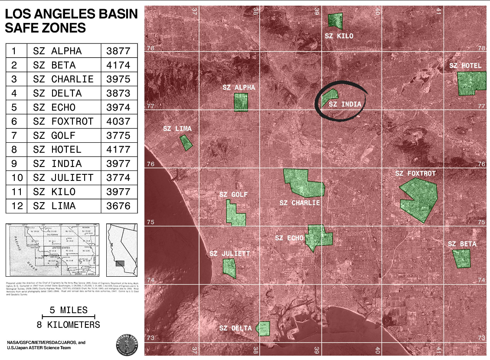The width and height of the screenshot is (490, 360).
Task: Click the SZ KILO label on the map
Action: point(339,36)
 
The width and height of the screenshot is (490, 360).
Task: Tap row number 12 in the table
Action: point(16,206)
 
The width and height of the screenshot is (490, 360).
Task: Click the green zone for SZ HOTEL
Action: point(471,83)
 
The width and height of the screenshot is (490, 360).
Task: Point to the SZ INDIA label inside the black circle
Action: point(345,104)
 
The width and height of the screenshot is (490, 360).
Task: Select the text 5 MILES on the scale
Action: point(69,310)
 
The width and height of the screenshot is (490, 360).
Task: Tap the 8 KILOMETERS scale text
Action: point(69,324)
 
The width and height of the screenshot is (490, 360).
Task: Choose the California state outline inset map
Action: point(121,249)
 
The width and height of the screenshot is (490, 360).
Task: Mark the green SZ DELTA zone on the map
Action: point(264,328)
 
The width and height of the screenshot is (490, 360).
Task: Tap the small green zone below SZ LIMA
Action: point(186,143)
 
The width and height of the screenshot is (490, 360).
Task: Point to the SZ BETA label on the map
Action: point(462,244)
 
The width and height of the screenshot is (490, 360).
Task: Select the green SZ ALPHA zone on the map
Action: point(241,102)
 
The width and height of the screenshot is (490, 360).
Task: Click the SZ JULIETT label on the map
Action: point(230,253)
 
